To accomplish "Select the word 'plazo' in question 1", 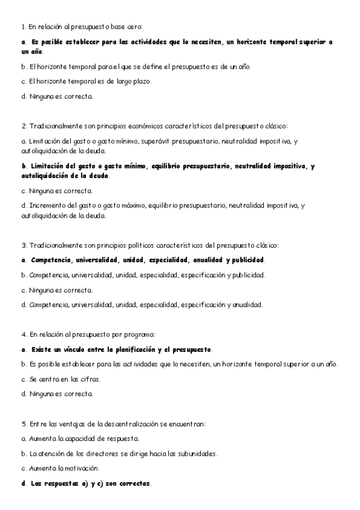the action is pyautogui.click(x=141, y=81).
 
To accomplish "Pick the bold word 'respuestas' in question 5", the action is pyautogui.click(x=59, y=483).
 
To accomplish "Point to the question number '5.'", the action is pyautogui.click(x=23, y=423).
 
